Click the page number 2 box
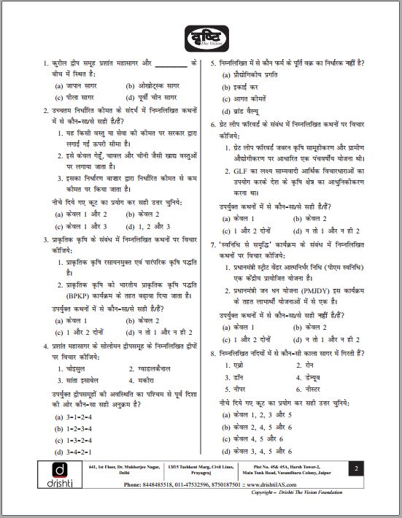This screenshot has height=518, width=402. [x=355, y=468]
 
